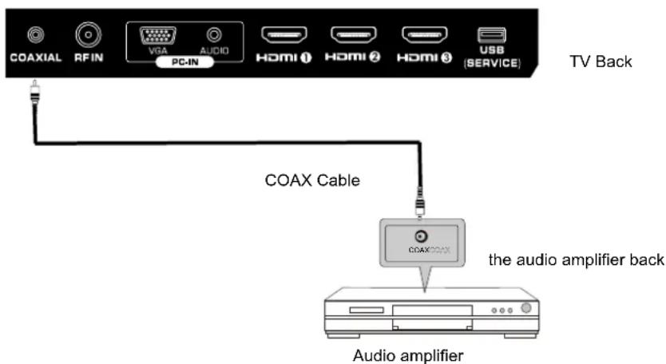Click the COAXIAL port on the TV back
[34, 36]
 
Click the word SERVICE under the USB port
[492, 63]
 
